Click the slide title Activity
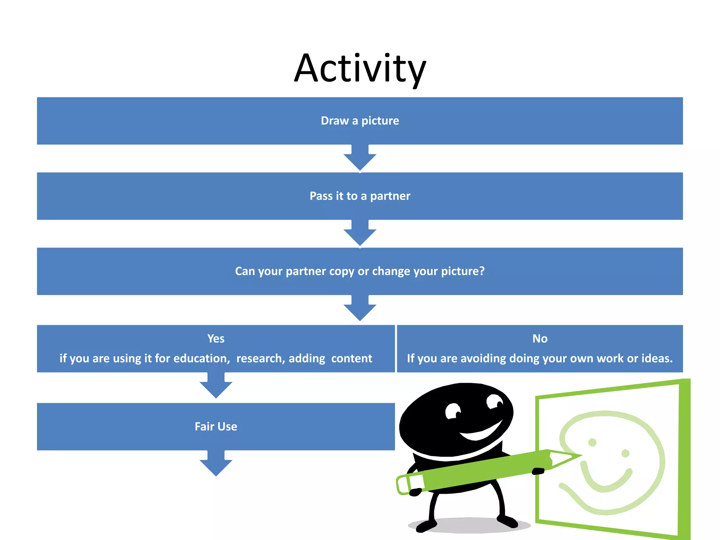point(360,69)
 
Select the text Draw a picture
point(360,121)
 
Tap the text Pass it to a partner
point(360,196)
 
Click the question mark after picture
point(481,271)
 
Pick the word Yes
point(216,339)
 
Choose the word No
point(540,339)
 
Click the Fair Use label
point(216,426)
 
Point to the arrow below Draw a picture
point(360,159)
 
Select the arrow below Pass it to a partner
point(360,234)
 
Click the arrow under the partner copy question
point(360,310)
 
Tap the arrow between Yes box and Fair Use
point(216,387)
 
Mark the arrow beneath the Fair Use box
point(216,465)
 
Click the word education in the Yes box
point(201,358)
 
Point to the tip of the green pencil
point(578,456)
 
